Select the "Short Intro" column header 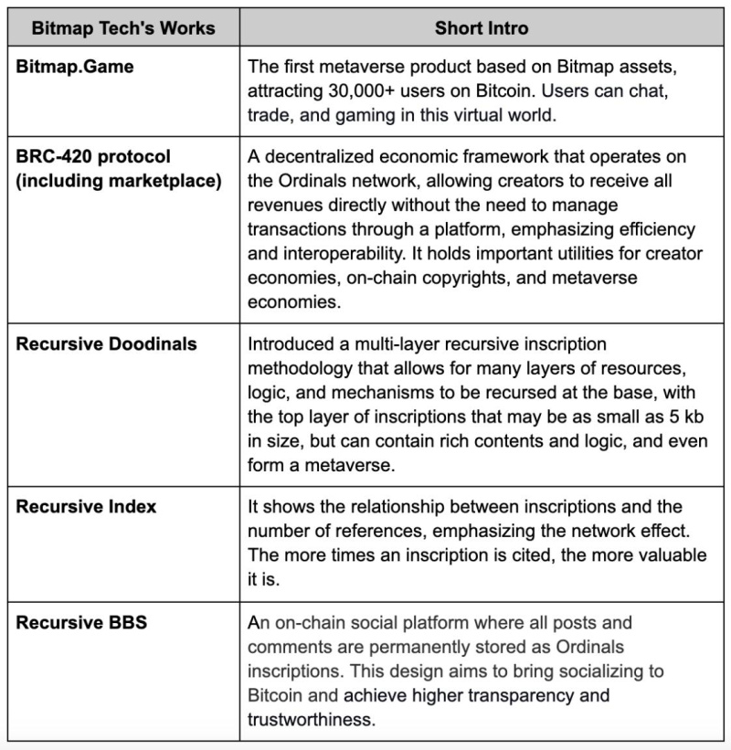481,28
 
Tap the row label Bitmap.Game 70,67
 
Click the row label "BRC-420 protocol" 93,157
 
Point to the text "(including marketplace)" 119,181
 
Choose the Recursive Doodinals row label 107,344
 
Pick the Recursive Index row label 86,507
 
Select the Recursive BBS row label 81,624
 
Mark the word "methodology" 302,368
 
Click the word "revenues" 287,205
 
